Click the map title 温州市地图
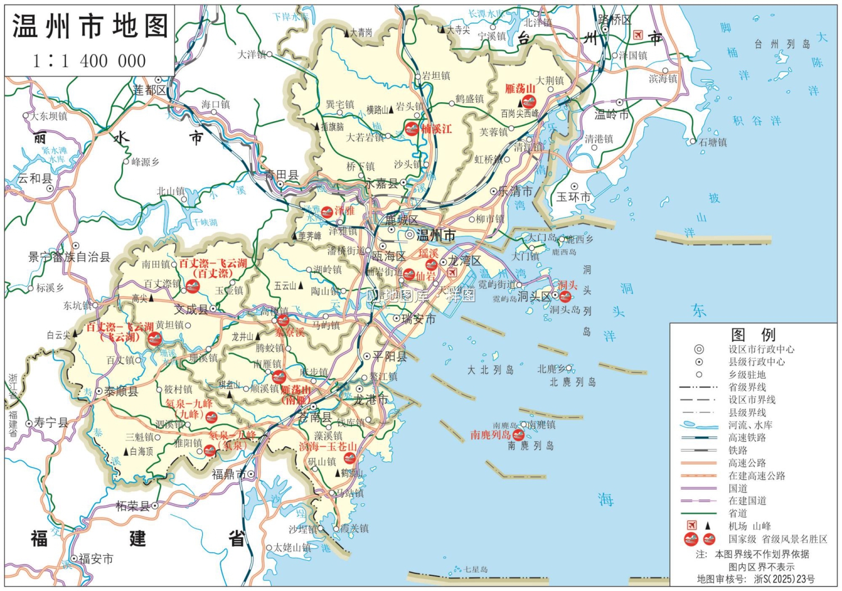[x=90, y=26]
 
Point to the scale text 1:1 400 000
[x=90, y=61]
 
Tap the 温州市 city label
[x=436, y=235]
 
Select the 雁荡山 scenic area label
[x=519, y=89]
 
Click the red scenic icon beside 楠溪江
[x=411, y=129]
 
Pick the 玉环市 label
[x=574, y=197]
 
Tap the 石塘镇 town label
[x=713, y=143]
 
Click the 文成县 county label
[x=191, y=309]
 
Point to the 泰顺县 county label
[x=121, y=391]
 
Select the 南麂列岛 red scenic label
[x=490, y=435]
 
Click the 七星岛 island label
[x=475, y=569]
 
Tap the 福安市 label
[x=95, y=558]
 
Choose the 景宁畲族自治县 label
[x=69, y=257]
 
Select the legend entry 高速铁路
[x=747, y=437]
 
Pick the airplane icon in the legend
[x=692, y=525]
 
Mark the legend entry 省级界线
[x=747, y=387]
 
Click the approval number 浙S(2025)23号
[x=784, y=579]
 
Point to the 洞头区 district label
[x=534, y=296]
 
